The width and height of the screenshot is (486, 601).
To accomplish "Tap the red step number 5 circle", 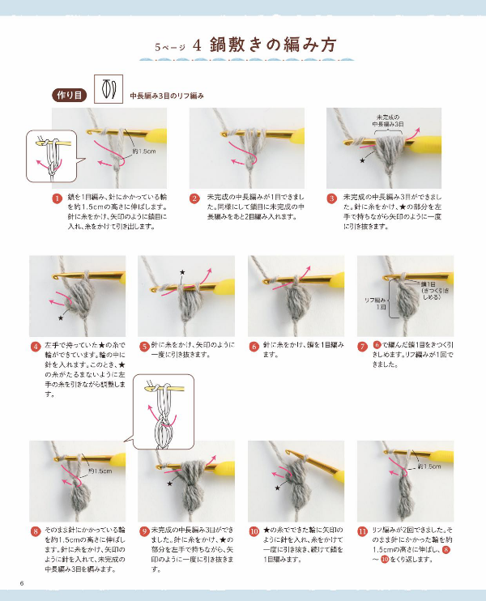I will pos(144,346).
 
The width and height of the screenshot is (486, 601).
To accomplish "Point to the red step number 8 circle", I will pos(36,531).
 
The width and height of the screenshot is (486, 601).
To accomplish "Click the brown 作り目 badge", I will pos(70,95).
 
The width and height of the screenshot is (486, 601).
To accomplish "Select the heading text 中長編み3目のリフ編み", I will pos(167,96).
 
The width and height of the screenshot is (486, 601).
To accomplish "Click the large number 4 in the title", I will pos(198,45).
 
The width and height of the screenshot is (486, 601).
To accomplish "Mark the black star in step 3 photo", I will pos(362,161).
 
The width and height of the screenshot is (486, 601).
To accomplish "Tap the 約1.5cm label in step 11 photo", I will pos(428,467).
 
